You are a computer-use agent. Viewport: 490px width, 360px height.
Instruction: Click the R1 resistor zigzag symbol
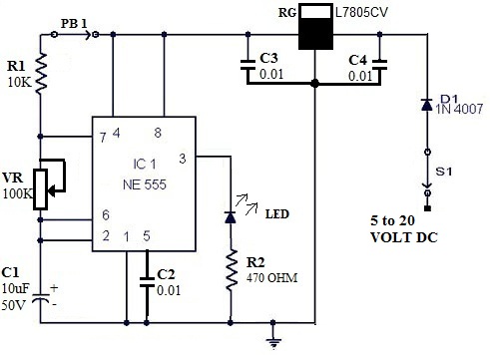(x=42, y=77)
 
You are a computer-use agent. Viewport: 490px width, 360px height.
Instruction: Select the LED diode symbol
(x=232, y=213)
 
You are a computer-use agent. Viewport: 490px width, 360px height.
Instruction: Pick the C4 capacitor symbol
(x=383, y=66)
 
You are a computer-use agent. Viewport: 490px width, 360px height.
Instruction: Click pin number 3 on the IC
(x=181, y=158)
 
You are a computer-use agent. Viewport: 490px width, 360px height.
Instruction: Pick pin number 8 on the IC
(x=158, y=133)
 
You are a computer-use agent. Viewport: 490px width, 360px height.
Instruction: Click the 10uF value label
(x=16, y=287)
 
